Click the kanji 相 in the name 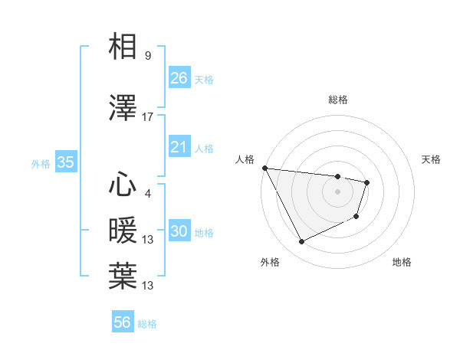pyautogui.click(x=123, y=47)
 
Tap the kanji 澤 pyautogui.click(x=123, y=109)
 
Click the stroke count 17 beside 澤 pyautogui.click(x=148, y=117)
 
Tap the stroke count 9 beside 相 pyautogui.click(x=148, y=56)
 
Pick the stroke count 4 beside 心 pyautogui.click(x=148, y=193)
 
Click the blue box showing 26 pyautogui.click(x=179, y=77)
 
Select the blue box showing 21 pyautogui.click(x=179, y=148)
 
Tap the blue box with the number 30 pyautogui.click(x=179, y=232)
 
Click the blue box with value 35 pyautogui.click(x=65, y=162)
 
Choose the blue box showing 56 pyautogui.click(x=123, y=322)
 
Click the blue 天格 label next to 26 pyautogui.click(x=204, y=79)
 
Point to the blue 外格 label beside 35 pyautogui.click(x=41, y=164)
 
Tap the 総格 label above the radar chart pyautogui.click(x=338, y=100)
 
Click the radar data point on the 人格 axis pyautogui.click(x=264, y=168)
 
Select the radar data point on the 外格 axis pyautogui.click(x=301, y=242)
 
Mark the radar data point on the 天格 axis pyautogui.click(x=368, y=182)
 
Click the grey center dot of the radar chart pyautogui.click(x=338, y=191)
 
